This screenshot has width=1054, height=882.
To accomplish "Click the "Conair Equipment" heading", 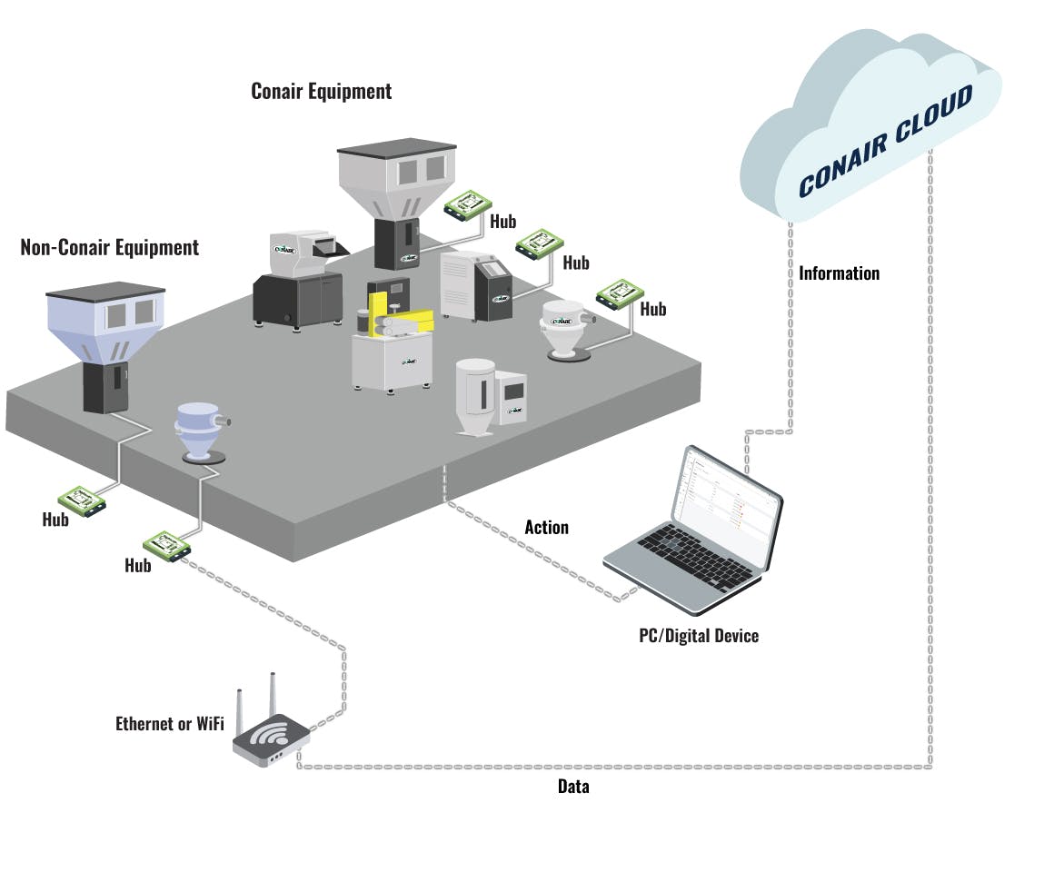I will (x=321, y=92).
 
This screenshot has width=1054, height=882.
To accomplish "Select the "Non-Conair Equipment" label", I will (x=109, y=247).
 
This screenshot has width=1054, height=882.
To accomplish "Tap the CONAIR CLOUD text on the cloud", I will (x=885, y=141).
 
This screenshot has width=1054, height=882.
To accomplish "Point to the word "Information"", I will (x=839, y=273).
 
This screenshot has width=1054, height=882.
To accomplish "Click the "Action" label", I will (x=546, y=528).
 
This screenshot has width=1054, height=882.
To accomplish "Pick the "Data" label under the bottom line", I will (x=572, y=787).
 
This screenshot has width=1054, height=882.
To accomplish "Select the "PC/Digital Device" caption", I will (x=698, y=636).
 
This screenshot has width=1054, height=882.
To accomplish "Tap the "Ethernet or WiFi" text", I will (x=169, y=724).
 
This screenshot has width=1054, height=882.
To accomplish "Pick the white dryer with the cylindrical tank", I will (x=490, y=396).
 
